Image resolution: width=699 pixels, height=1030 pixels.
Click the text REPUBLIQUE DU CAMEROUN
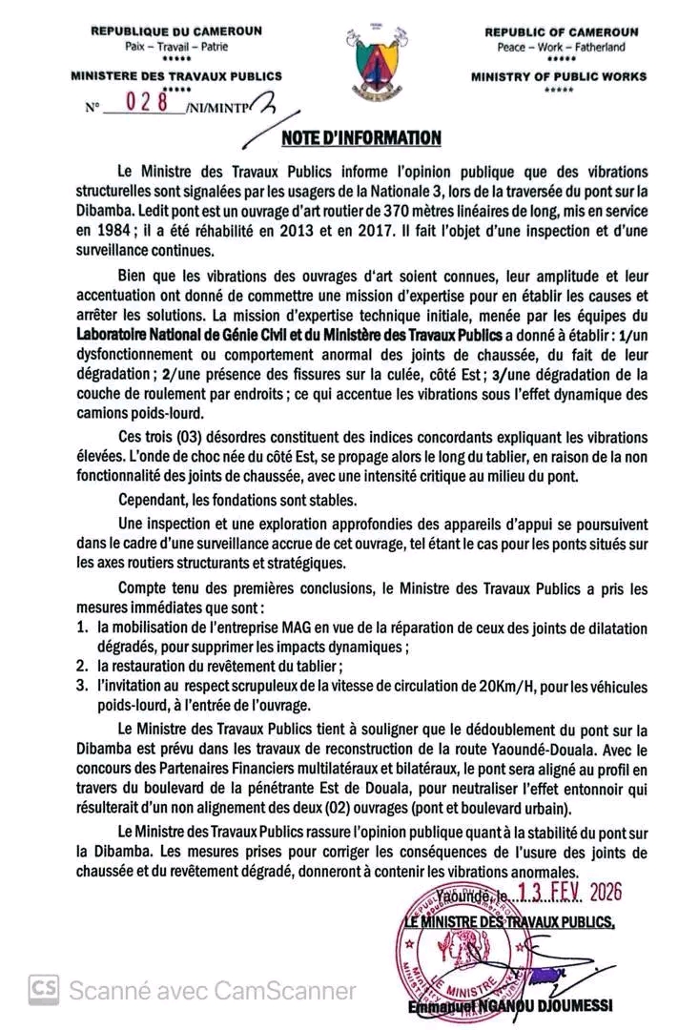point(163,31)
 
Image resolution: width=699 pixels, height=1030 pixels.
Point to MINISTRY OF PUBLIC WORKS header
point(558,76)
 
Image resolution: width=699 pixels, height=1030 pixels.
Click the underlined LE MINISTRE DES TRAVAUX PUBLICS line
point(509,922)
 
